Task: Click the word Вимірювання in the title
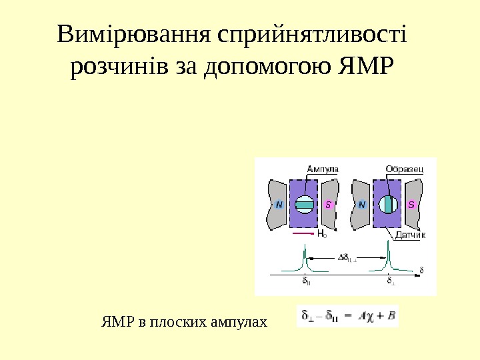point(134,35)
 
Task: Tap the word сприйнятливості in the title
point(312,35)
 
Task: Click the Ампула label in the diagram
point(322,169)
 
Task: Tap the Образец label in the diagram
point(404,169)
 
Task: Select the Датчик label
point(409,235)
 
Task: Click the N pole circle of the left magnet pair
point(279,205)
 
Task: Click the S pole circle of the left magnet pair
point(329,205)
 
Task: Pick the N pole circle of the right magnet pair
point(363,205)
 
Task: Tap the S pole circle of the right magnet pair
point(412,205)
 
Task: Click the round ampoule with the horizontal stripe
point(304,205)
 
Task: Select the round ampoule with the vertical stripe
point(387,205)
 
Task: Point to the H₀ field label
point(321,235)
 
